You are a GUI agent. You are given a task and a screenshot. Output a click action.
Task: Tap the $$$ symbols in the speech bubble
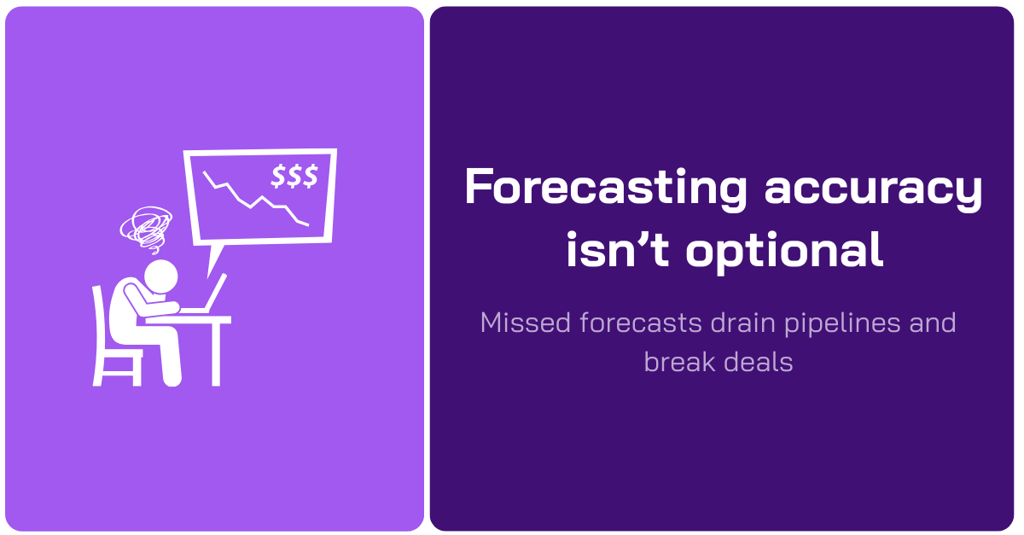click(x=294, y=177)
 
